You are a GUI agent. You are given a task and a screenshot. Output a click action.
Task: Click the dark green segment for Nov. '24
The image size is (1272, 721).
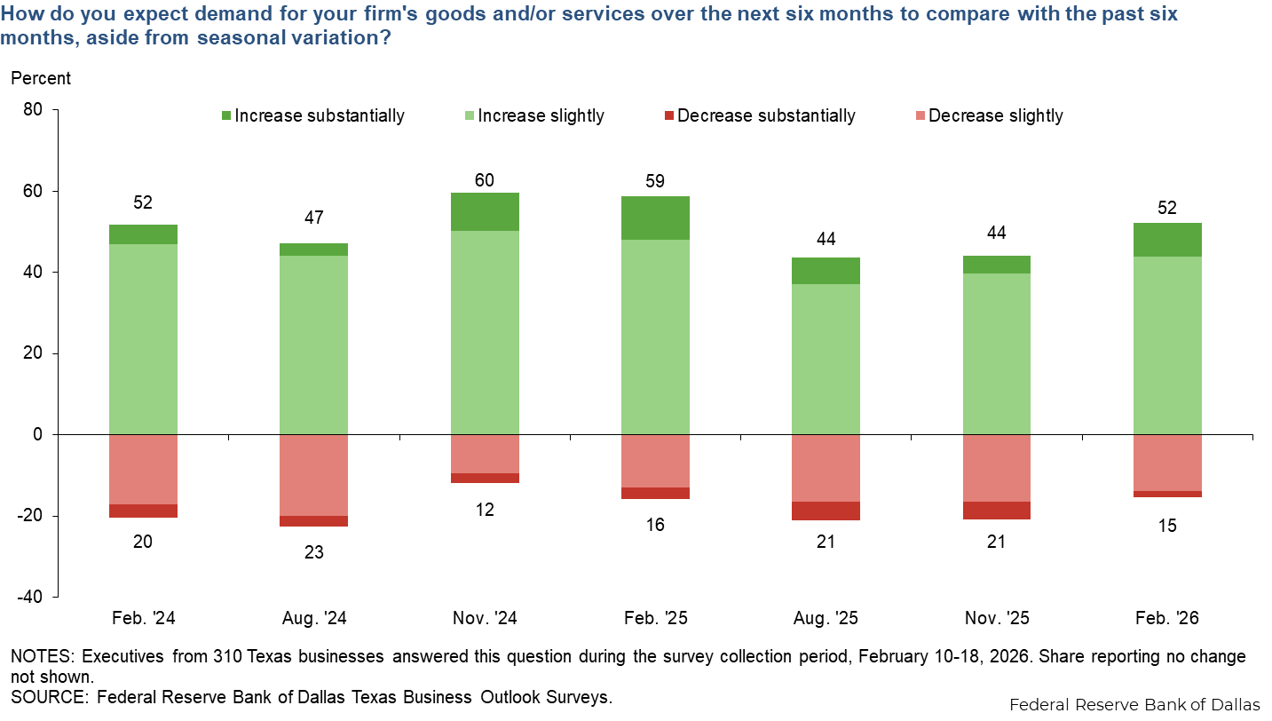pyautogui.click(x=485, y=212)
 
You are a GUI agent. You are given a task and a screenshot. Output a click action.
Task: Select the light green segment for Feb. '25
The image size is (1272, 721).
pyautogui.click(x=655, y=337)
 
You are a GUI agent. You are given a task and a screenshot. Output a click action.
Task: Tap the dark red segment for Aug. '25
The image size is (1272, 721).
pyautogui.click(x=826, y=511)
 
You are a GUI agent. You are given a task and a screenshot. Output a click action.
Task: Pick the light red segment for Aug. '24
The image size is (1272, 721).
pyautogui.click(x=314, y=475)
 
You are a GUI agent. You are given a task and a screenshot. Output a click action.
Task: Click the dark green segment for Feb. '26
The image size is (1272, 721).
pyautogui.click(x=1166, y=240)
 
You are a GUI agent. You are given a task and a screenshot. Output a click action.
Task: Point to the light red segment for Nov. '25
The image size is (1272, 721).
pyautogui.click(x=996, y=468)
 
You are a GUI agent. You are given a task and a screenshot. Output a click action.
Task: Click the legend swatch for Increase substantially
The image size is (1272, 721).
pyautogui.click(x=225, y=116)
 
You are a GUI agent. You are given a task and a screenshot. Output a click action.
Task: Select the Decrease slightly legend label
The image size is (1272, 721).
pyautogui.click(x=995, y=116)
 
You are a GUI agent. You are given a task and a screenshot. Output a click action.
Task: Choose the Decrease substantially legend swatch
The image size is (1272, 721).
pyautogui.click(x=668, y=116)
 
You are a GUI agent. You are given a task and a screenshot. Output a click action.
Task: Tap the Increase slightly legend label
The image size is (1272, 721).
pyautogui.click(x=541, y=116)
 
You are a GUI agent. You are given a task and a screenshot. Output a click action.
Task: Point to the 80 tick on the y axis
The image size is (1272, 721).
pyautogui.click(x=37, y=110)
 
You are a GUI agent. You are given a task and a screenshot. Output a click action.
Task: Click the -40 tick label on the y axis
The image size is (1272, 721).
pyautogui.click(x=34, y=598)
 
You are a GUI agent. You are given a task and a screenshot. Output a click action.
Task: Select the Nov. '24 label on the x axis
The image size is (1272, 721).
pyautogui.click(x=485, y=618)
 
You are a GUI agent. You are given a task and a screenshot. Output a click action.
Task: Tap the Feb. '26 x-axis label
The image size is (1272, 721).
pyautogui.click(x=1166, y=618)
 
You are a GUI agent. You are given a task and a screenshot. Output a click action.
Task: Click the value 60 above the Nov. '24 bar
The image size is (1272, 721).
pyautogui.click(x=485, y=179)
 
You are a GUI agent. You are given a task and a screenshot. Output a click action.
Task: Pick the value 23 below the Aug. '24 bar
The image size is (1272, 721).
pyautogui.click(x=314, y=551)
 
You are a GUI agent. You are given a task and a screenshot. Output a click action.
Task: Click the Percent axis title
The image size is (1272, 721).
pyautogui.click(x=41, y=78)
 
